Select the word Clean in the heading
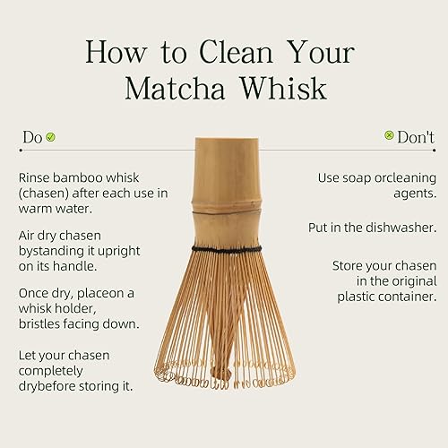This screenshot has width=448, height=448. (x=242, y=50)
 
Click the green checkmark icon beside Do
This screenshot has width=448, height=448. (x=51, y=137)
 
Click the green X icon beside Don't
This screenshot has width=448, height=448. (x=389, y=136)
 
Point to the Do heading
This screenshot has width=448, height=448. (x=32, y=137)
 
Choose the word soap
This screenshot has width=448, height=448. (x=355, y=178)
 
